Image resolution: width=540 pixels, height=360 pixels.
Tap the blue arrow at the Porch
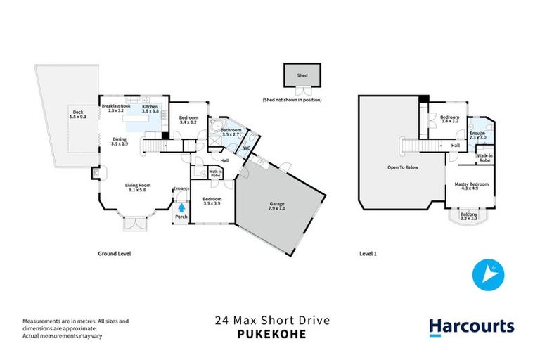point(181,207)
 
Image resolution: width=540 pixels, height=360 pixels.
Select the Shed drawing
point(301,76)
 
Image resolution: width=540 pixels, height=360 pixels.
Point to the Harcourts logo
point(471,326)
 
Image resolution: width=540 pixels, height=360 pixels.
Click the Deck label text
point(77,114)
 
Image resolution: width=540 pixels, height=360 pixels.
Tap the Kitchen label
point(150,108)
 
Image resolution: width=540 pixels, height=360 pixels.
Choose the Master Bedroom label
point(471,186)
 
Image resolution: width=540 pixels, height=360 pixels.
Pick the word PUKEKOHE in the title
point(271,335)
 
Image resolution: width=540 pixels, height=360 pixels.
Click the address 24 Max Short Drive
point(271,321)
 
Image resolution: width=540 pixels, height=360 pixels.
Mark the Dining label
point(120,141)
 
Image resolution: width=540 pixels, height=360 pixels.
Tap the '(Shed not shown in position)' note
point(292,101)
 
